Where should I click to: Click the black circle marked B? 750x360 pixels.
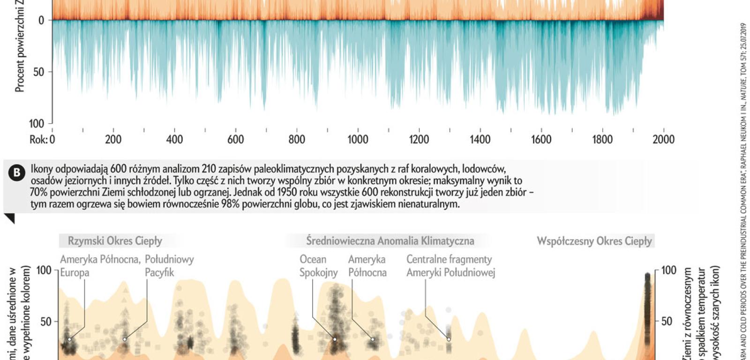click(x=17, y=173)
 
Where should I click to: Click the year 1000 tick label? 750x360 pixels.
click(x=358, y=139)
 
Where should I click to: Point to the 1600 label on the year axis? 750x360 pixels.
click(x=541, y=139)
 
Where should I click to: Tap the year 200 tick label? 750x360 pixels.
click(x=113, y=139)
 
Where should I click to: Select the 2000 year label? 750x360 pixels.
click(x=663, y=139)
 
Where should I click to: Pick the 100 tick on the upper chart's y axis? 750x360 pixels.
click(x=37, y=123)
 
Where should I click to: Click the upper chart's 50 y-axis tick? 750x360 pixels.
click(x=39, y=72)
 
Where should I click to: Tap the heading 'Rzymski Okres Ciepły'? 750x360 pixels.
click(x=115, y=241)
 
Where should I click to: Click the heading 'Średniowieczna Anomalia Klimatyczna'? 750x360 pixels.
click(x=390, y=241)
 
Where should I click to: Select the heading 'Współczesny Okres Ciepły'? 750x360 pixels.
click(x=594, y=241)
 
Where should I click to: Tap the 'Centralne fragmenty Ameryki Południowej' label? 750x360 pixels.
click(x=450, y=266)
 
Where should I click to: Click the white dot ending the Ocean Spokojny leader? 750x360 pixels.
click(x=335, y=339)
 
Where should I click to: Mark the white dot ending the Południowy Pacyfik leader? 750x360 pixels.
click(x=125, y=339)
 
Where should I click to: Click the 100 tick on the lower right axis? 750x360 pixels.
click(x=669, y=270)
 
